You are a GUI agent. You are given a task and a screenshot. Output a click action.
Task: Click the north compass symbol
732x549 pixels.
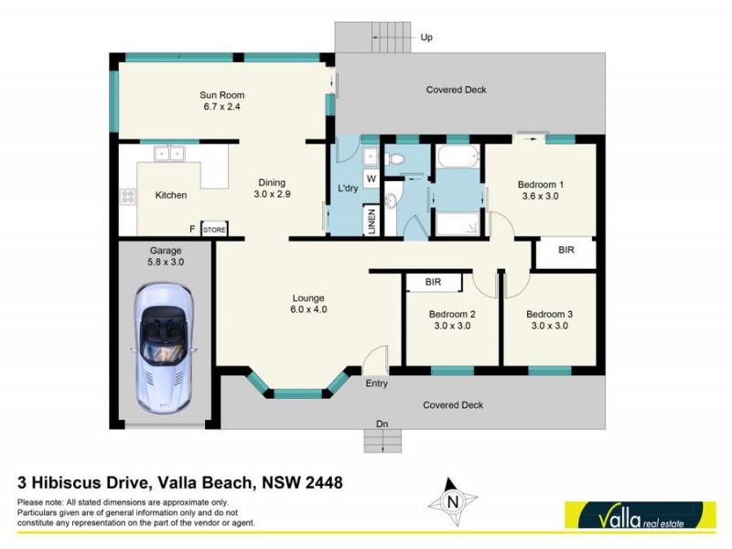point(452,501)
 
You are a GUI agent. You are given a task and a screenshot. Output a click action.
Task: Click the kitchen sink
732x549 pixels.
point(169,154)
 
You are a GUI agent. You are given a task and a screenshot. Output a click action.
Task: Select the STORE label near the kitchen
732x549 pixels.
point(213,229)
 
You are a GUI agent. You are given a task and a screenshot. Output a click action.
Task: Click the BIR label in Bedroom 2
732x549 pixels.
point(433,283)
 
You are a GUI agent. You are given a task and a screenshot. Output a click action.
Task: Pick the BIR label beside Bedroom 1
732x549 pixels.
point(565,249)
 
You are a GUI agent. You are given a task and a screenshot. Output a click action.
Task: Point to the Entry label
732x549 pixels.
point(377,383)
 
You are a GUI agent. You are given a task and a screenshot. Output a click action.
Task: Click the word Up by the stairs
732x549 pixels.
point(426,38)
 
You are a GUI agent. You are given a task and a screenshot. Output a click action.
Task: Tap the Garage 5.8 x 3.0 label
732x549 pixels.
point(167,255)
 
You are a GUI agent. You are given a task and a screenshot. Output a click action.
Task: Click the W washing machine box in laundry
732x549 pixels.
point(371,178)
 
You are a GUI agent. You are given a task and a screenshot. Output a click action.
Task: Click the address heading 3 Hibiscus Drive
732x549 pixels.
point(179,481)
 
